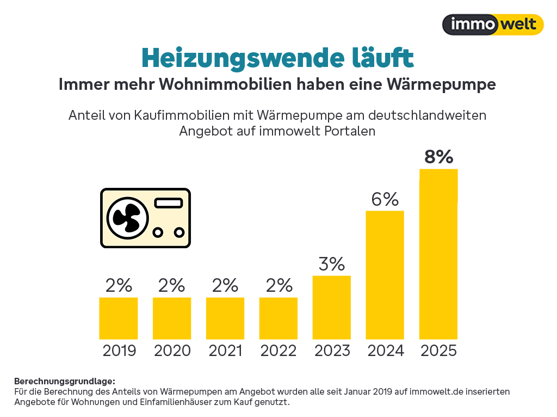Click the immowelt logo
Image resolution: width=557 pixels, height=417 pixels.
[493, 24]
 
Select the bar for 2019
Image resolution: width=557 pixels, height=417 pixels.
[119, 318]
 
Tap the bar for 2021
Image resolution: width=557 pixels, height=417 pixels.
[225, 318]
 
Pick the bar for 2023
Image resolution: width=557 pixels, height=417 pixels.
[332, 308]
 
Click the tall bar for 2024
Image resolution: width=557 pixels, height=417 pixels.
[385, 275]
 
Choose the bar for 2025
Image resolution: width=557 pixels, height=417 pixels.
[438, 254]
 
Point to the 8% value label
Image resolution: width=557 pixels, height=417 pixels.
[438, 157]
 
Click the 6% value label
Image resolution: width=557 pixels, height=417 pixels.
[385, 199]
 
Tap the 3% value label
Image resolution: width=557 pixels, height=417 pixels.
[332, 264]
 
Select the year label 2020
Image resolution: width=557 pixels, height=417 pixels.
[172, 351]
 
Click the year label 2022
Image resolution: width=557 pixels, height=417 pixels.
[278, 351]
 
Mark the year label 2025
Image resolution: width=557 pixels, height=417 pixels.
[438, 351]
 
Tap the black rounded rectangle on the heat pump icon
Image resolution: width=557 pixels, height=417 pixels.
[169, 203]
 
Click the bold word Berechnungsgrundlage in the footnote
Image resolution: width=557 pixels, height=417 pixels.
[65, 381]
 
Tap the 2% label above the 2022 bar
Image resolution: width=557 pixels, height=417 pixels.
[278, 286]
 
